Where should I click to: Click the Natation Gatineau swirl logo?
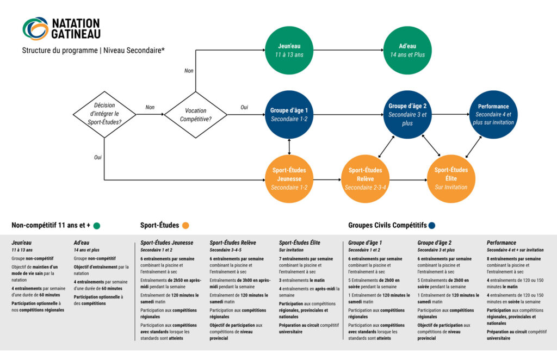point(35,28)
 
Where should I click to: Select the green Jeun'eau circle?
point(289,51)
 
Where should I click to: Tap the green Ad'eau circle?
point(407,51)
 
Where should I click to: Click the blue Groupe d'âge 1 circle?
point(289,115)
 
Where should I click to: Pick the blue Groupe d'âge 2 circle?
point(407,115)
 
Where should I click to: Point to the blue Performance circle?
point(493,114)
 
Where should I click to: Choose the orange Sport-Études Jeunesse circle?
point(289,179)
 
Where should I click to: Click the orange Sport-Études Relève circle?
point(365,179)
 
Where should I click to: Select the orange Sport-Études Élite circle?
point(451,178)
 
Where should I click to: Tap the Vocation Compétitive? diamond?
point(196,115)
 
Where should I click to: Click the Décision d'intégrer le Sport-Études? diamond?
point(104,114)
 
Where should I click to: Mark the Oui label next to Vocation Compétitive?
point(244,107)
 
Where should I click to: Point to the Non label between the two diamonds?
point(150,107)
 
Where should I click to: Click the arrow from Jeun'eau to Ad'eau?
point(349,50)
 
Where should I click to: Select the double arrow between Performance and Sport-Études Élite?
point(474,147)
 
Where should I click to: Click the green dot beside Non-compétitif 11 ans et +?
point(97,226)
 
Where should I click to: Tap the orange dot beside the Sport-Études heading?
point(185,226)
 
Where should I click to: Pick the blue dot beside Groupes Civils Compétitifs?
point(432,226)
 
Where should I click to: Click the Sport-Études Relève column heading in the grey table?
point(233,243)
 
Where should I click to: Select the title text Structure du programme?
point(60,51)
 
